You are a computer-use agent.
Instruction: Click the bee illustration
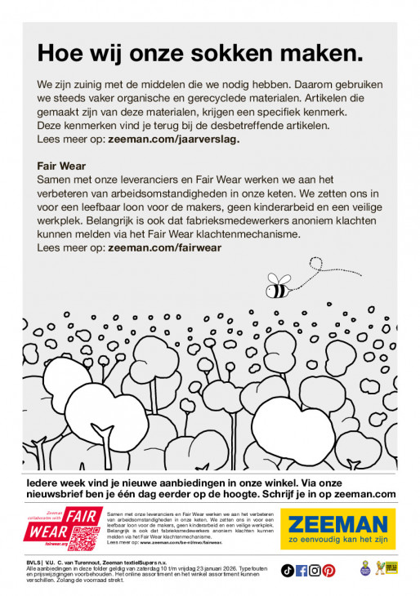coord(278,286)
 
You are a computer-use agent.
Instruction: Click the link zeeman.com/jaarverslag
coord(173,140)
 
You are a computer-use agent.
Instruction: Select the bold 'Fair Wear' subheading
coord(61,166)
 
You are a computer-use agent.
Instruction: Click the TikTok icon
coord(288,570)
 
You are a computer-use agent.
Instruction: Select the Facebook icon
coord(302,570)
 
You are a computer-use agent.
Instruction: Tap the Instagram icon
coord(315,570)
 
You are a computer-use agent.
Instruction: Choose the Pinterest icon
coord(328,570)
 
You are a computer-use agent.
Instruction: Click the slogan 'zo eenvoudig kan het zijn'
coord(337,540)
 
